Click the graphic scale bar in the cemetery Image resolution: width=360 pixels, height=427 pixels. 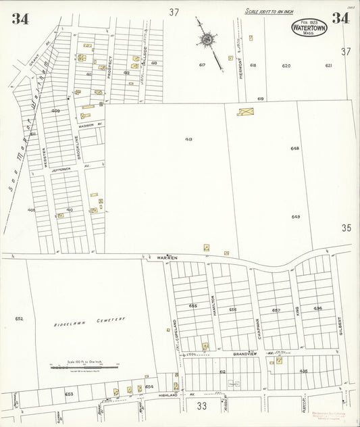pyautogui.click(x=84, y=365)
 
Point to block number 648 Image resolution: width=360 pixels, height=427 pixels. pyautogui.click(x=295, y=148)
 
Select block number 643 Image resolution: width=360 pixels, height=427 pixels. pyautogui.click(x=295, y=217)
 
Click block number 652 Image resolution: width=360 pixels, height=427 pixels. pyautogui.click(x=19, y=318)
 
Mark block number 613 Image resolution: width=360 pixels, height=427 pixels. pyautogui.click(x=188, y=140)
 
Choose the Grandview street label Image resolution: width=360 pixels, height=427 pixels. pyautogui.click(x=246, y=353)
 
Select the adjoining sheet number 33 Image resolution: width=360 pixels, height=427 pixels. pyautogui.click(x=201, y=406)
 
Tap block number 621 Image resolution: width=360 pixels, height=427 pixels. pyautogui.click(x=329, y=66)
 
